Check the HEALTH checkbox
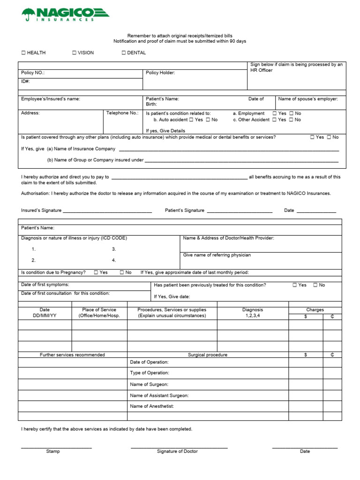click(x=23, y=53)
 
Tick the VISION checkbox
click(x=74, y=53)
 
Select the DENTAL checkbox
click(x=124, y=53)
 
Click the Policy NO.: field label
click(x=33, y=73)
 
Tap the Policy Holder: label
click(x=160, y=73)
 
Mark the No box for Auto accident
click(x=208, y=120)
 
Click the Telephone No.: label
click(x=122, y=113)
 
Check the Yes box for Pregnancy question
click(x=96, y=272)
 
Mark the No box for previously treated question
click(x=315, y=285)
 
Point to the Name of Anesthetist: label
click(x=152, y=406)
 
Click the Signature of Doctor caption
click(x=177, y=451)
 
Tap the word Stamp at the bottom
click(x=53, y=451)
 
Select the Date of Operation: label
click(x=149, y=362)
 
